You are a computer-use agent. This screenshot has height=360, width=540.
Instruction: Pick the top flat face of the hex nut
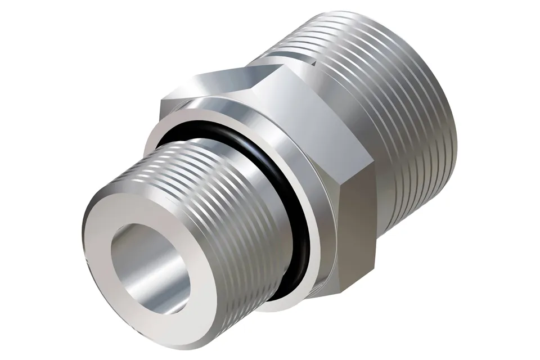click(225, 84)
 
